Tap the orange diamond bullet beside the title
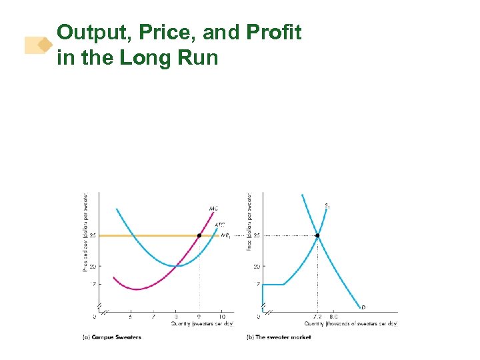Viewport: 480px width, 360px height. pyautogui.click(x=45, y=45)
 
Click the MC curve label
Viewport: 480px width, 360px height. pyautogui.click(x=213, y=209)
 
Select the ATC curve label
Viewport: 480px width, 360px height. pyautogui.click(x=219, y=225)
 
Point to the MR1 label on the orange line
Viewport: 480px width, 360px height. pyautogui.click(x=226, y=236)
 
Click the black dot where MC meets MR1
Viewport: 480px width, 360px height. pyautogui.click(x=199, y=235)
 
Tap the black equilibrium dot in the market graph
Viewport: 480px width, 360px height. pyautogui.click(x=317, y=235)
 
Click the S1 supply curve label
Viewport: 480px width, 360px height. pyautogui.click(x=327, y=206)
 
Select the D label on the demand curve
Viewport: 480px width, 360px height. pyautogui.click(x=363, y=307)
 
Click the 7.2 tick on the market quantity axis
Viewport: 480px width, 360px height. pyautogui.click(x=317, y=317)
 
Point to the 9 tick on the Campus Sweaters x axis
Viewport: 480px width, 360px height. pyautogui.click(x=199, y=317)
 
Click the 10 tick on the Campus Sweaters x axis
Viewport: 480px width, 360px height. pyautogui.click(x=221, y=317)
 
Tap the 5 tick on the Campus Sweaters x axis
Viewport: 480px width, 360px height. pyautogui.click(x=131, y=317)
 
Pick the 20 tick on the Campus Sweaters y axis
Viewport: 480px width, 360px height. pyautogui.click(x=93, y=266)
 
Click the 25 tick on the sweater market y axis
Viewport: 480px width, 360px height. pyautogui.click(x=256, y=235)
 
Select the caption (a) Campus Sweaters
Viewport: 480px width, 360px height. pyautogui.click(x=111, y=337)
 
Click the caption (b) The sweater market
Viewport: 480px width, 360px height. pyautogui.click(x=279, y=337)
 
